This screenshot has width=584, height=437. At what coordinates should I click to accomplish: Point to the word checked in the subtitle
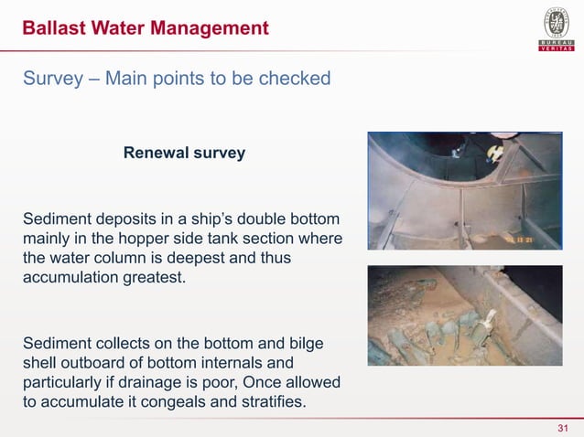click(291, 79)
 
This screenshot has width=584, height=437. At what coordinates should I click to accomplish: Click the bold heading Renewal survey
click(184, 153)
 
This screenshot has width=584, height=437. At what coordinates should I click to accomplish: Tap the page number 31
click(563, 430)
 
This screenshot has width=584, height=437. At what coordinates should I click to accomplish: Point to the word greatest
click(152, 277)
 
